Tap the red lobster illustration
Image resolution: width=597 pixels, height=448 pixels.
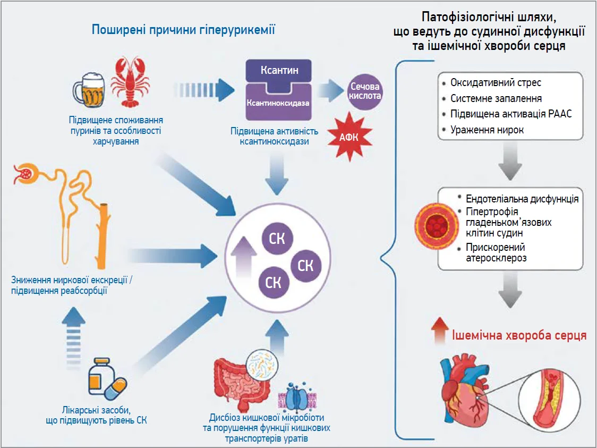[x=130, y=81]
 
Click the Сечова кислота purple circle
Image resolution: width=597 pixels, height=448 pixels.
[x=365, y=91]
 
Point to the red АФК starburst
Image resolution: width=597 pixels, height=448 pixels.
[x=349, y=137]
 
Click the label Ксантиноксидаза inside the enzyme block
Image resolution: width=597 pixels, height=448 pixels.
[x=278, y=103]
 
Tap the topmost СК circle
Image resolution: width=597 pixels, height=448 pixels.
[x=277, y=239]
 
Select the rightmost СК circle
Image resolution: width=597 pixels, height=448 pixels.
[x=306, y=266]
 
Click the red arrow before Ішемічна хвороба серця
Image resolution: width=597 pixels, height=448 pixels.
[x=440, y=331]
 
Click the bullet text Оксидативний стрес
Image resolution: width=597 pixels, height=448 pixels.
[x=496, y=83]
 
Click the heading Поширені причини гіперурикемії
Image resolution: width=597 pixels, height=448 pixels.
[x=183, y=30]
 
